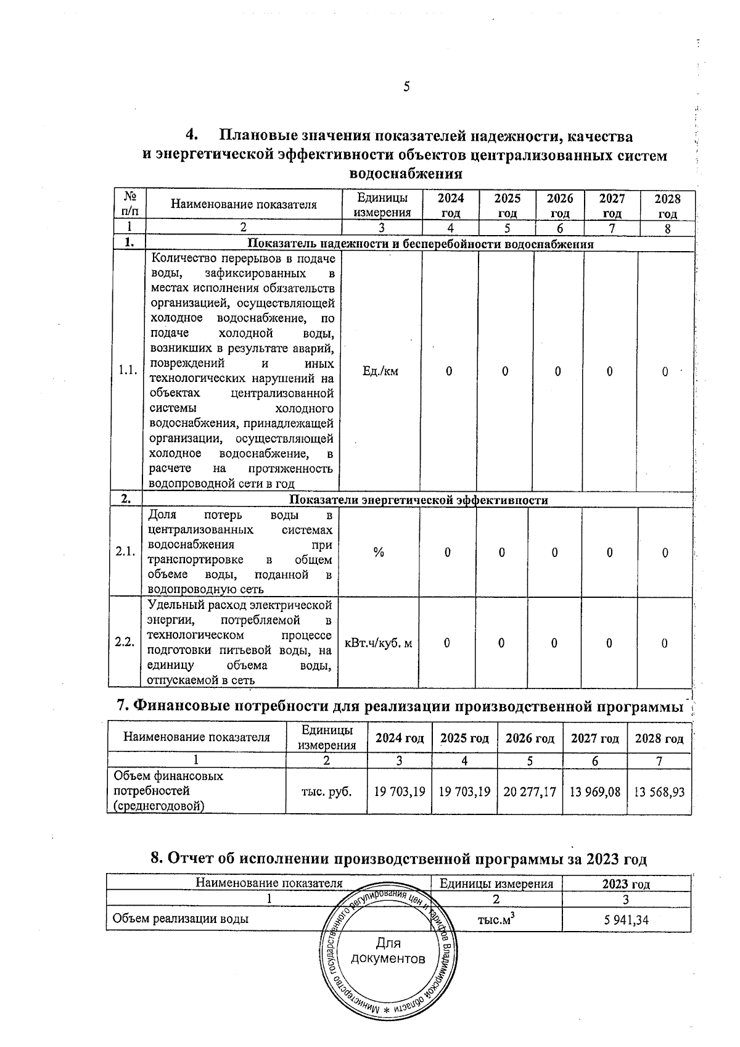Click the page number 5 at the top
point(406,87)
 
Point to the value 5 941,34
point(626,920)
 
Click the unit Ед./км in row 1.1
point(380,371)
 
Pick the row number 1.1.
point(128,371)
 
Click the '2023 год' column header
point(626,884)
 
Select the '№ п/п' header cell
point(130,205)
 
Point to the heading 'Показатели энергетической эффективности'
point(419,500)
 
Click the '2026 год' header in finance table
point(530,739)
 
